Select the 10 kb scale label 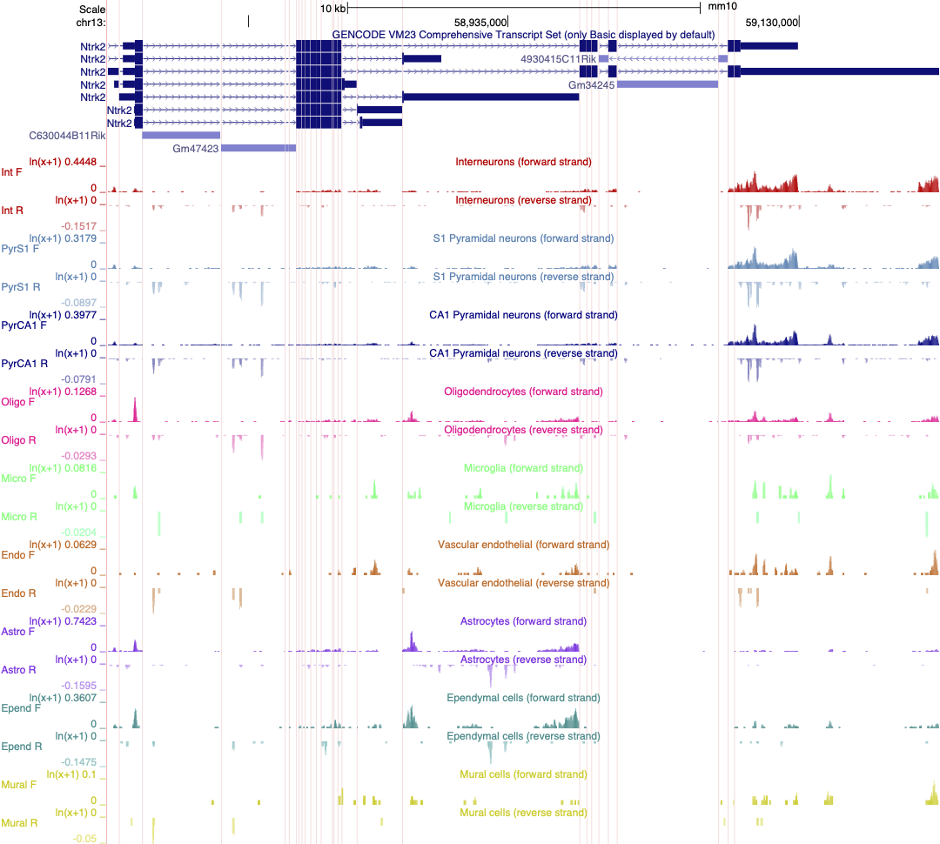click(333, 7)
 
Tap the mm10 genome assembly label click(722, 7)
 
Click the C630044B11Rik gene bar click(181, 136)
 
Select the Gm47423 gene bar click(258, 149)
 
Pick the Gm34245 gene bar click(668, 84)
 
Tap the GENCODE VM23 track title click(523, 35)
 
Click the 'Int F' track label click(12, 172)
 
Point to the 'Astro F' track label click(18, 632)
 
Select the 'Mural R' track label click(18, 823)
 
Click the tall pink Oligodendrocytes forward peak click(135, 410)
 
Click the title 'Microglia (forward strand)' click(523, 468)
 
